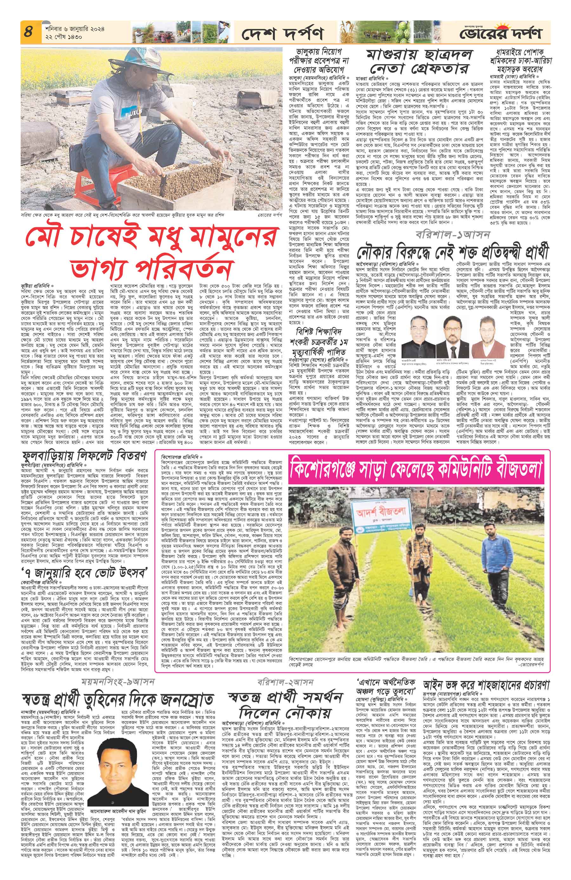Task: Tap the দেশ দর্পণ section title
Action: tap(281, 34)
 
